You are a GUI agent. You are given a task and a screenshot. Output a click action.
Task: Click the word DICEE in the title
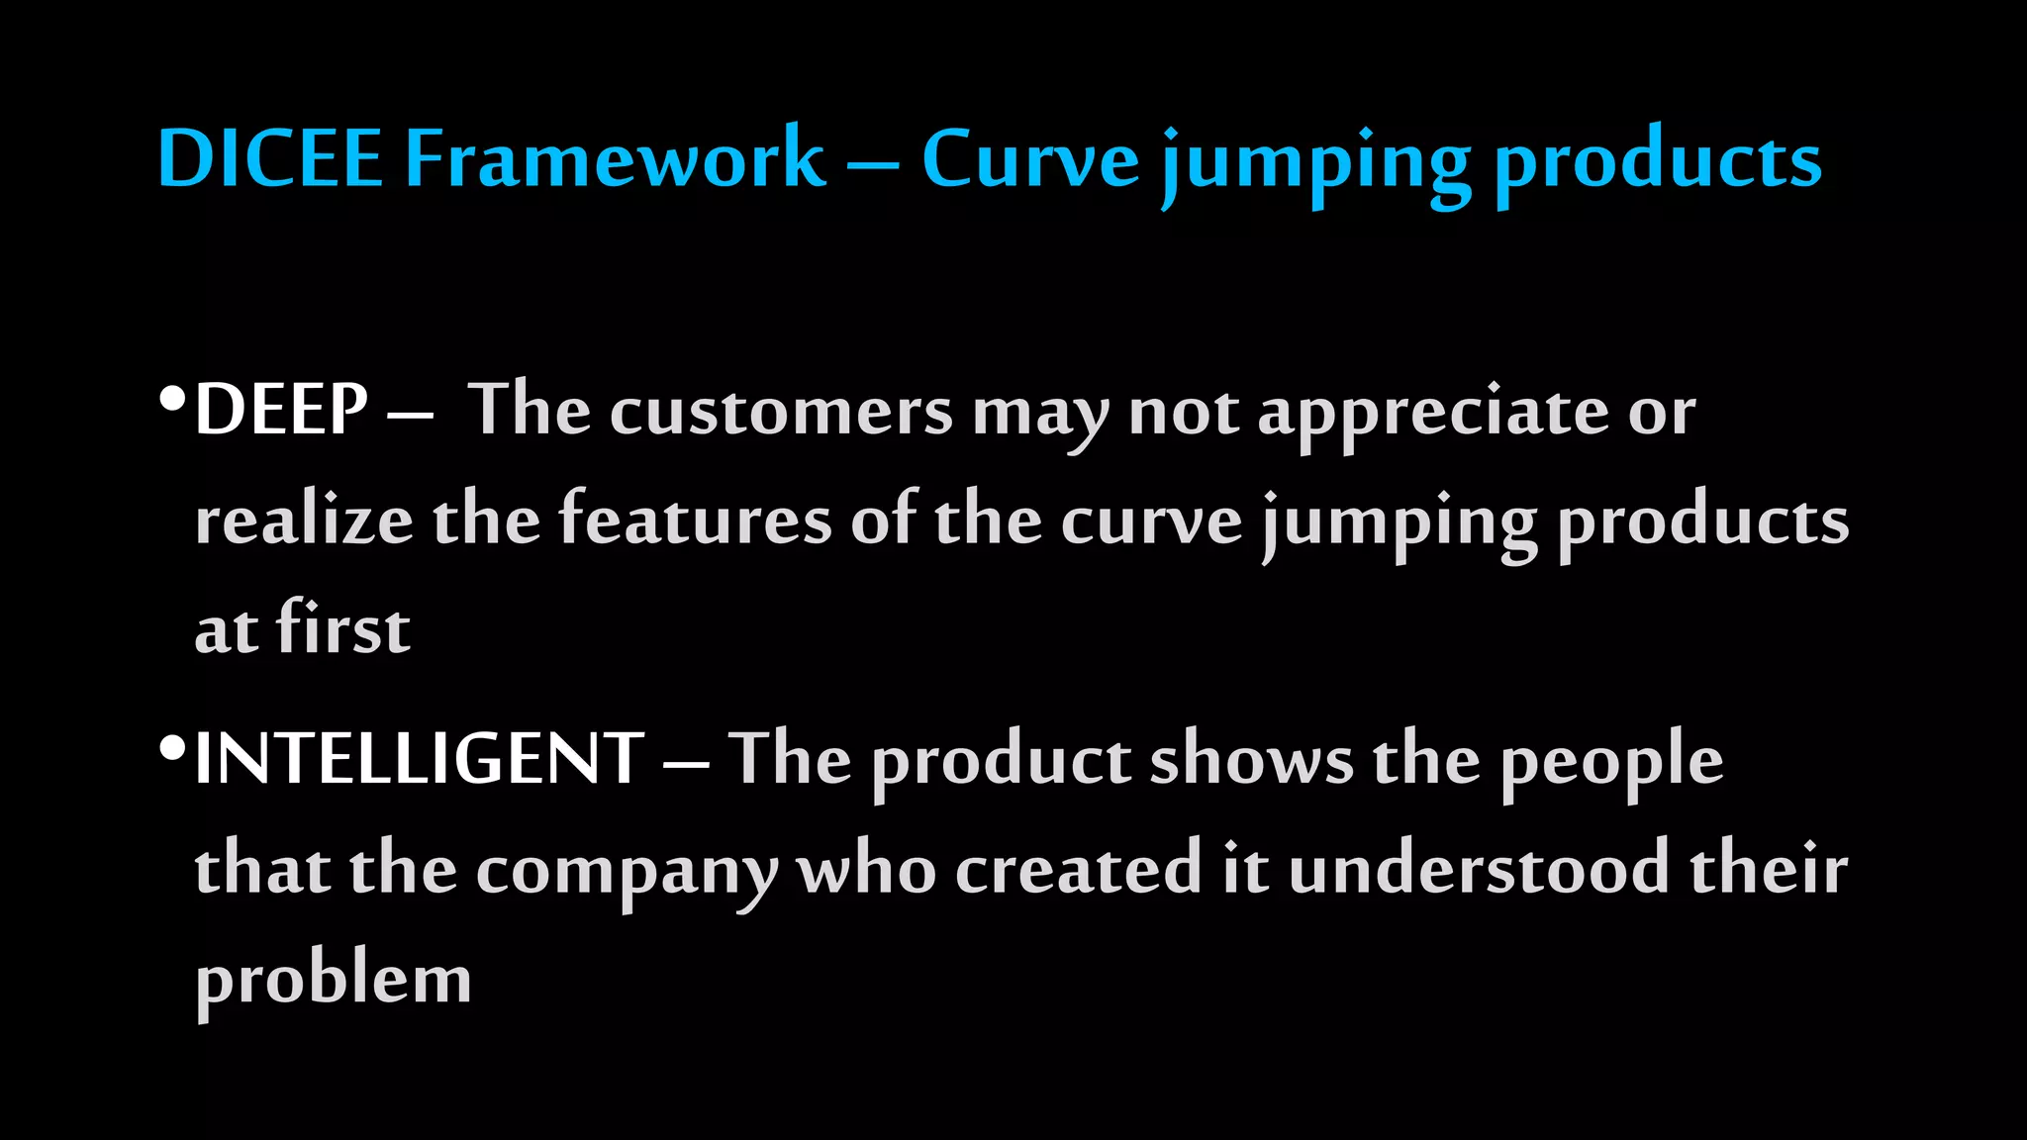click(269, 158)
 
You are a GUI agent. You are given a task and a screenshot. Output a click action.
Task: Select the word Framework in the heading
click(615, 158)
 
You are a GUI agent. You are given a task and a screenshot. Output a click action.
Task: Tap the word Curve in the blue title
click(1030, 158)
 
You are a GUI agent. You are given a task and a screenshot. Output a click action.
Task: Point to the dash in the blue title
click(873, 161)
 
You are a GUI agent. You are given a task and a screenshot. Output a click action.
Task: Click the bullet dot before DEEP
click(172, 400)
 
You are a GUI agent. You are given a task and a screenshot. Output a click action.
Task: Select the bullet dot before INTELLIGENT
click(172, 749)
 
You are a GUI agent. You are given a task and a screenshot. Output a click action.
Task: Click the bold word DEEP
click(282, 410)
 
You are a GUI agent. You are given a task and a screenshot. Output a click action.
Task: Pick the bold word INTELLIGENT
click(420, 759)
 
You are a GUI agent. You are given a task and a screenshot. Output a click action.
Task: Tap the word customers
click(781, 412)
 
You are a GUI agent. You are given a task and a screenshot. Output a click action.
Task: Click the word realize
click(304, 521)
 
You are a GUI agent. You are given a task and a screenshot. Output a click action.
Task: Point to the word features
click(695, 519)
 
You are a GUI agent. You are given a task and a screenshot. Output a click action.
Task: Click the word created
click(1078, 869)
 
